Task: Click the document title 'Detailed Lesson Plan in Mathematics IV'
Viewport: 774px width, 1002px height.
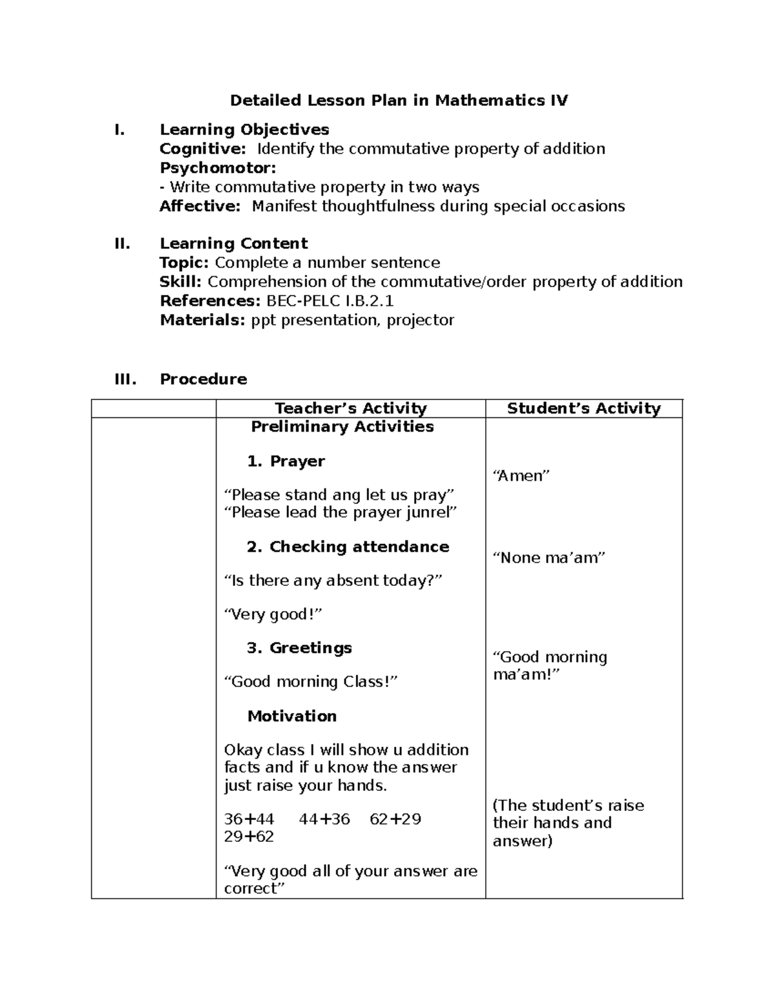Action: point(399,101)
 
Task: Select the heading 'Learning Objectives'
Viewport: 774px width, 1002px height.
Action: point(244,130)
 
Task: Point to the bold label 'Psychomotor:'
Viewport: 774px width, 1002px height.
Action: point(217,168)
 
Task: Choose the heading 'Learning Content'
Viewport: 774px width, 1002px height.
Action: point(233,243)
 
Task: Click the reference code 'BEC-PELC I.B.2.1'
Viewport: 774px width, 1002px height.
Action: point(330,301)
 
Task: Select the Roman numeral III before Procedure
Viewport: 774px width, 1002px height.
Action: point(125,379)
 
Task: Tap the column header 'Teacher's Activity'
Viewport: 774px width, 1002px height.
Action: point(351,408)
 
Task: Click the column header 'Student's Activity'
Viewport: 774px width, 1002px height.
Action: point(584,408)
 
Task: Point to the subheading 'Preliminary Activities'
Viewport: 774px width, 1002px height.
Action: point(342,427)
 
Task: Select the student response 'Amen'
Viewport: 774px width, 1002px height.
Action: point(521,476)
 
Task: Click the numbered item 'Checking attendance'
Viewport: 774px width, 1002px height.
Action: point(359,547)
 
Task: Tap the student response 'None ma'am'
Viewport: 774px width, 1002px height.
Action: point(549,558)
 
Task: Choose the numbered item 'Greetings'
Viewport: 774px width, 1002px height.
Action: point(310,648)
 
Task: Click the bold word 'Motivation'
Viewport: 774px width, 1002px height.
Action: point(292,716)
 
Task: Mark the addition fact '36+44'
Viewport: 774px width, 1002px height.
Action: point(249,819)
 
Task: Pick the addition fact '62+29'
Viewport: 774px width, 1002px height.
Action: point(395,819)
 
